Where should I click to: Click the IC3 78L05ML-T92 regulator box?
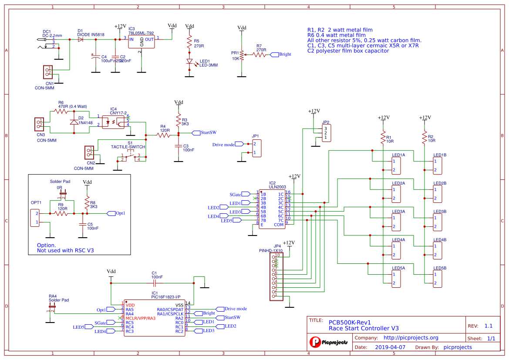pyautogui.click(x=142, y=42)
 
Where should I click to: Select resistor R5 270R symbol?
pyautogui.click(x=189, y=42)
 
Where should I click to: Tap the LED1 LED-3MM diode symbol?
pyautogui.click(x=189, y=62)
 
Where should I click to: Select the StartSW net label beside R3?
pyautogui.click(x=207, y=132)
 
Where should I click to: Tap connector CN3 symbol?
pyautogui.click(x=39, y=125)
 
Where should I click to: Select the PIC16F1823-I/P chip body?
pyautogui.click(x=154, y=317)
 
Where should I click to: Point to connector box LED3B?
pyautogui.click(x=437, y=222)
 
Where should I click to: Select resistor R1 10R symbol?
pyautogui.click(x=383, y=137)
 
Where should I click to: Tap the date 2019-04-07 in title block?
pyautogui.click(x=390, y=347)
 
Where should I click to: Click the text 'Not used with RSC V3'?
pyautogui.click(x=65, y=250)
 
